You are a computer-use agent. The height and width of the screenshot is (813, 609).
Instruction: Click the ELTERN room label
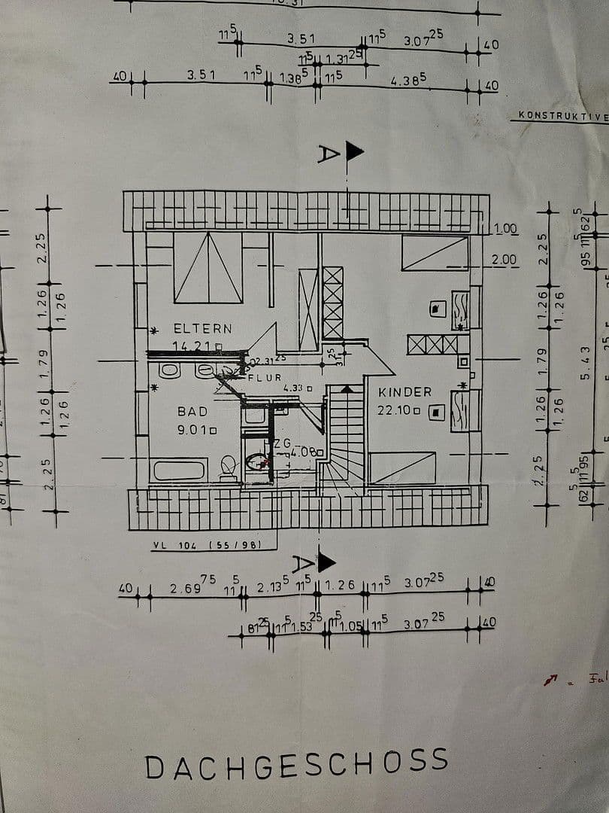click(x=203, y=329)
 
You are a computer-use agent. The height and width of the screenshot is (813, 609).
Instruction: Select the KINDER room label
click(x=404, y=392)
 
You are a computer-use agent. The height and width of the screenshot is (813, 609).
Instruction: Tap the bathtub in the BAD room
click(x=179, y=470)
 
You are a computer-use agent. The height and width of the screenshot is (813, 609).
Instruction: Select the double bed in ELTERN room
click(x=208, y=267)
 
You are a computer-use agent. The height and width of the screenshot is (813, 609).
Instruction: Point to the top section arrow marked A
click(x=353, y=152)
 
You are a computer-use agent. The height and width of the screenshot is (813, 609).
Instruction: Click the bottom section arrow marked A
click(x=326, y=562)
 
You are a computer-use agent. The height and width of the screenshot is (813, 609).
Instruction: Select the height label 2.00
click(x=504, y=260)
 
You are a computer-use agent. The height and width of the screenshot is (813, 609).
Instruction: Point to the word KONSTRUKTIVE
click(x=559, y=116)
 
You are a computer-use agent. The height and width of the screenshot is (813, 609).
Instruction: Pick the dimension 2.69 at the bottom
click(x=186, y=588)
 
